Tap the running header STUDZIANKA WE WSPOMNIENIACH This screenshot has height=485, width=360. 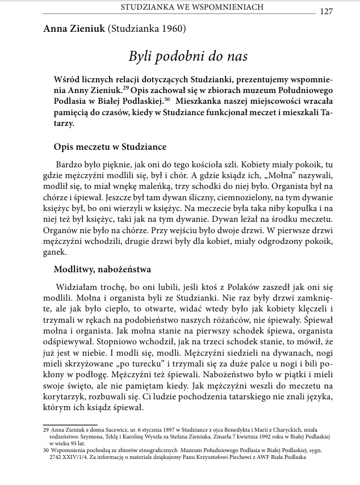[194, 8]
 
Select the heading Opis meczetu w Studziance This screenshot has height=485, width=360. [109, 146]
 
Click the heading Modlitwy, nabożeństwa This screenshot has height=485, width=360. [102, 269]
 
